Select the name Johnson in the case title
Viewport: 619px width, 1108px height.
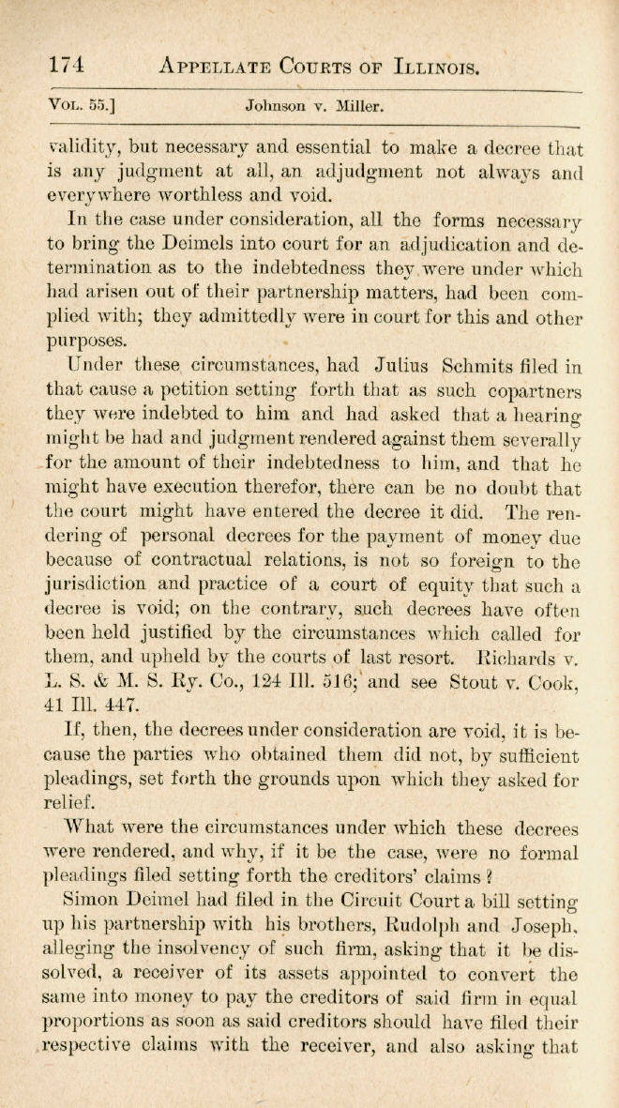click(x=277, y=106)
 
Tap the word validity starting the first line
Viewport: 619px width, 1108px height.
click(x=83, y=148)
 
